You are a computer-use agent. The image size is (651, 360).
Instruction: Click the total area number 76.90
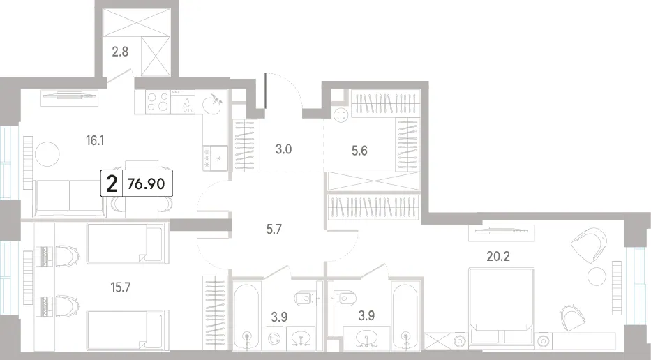147,184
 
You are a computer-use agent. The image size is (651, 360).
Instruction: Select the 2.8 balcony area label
120,52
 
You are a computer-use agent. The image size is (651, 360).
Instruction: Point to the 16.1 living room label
95,141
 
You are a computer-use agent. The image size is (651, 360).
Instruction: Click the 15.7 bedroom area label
121,287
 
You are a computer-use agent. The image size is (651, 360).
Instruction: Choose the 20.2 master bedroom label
498,256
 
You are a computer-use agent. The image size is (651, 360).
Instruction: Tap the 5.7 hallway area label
274,229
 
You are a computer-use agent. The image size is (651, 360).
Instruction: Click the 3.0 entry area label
283,149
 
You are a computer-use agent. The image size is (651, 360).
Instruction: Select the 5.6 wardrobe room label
359,150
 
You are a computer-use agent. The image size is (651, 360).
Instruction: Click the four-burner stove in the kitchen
158,102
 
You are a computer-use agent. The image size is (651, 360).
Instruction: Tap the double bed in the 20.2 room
501,306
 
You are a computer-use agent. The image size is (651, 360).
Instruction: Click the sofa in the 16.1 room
69,198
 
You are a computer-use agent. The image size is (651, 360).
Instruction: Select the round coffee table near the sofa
47,154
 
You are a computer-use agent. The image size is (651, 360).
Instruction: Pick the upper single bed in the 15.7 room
128,243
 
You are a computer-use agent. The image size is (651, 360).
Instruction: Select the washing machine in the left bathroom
274,338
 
